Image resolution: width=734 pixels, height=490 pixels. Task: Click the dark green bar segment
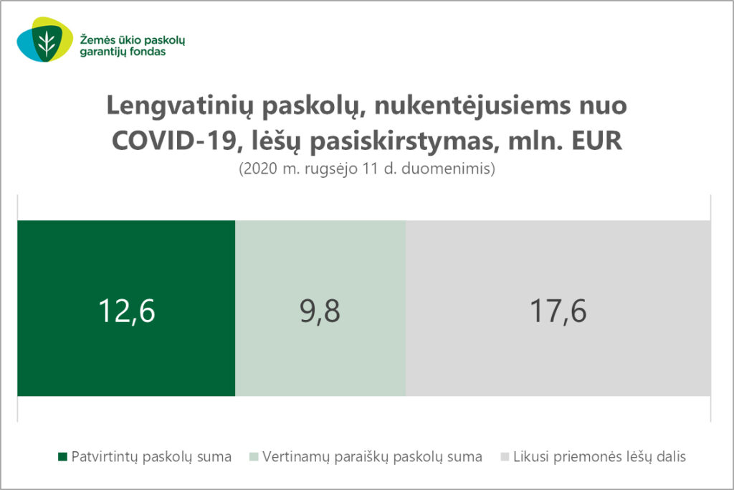point(126,308)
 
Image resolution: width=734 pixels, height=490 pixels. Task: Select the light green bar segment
point(320,308)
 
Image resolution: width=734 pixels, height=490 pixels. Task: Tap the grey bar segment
point(558,308)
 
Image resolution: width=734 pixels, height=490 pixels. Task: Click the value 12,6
point(126,311)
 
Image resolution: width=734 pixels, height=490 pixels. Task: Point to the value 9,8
point(320,311)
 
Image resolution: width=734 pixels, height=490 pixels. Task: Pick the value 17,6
point(558,311)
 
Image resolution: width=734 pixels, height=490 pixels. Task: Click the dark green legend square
point(63,456)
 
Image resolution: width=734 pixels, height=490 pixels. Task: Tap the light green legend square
point(254,456)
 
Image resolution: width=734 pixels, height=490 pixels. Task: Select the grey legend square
point(505,456)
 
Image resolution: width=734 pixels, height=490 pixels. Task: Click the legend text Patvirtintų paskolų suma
point(151,457)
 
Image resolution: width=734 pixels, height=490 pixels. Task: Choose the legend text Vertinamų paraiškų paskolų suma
point(372,457)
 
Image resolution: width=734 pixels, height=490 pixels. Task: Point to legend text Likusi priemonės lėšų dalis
point(600,457)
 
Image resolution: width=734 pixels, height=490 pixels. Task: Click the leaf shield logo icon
point(45,40)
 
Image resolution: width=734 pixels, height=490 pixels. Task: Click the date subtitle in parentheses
point(367,169)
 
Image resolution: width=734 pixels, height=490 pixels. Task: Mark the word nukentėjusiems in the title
point(472,106)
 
